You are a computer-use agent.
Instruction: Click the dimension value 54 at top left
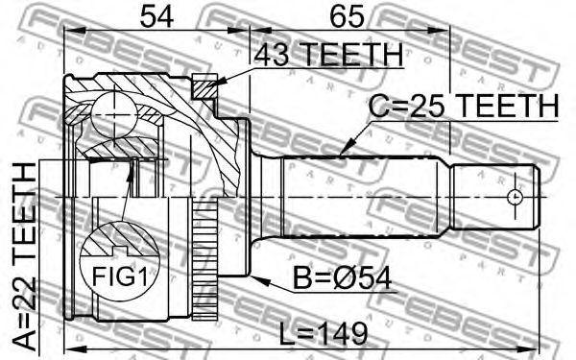(x=156, y=17)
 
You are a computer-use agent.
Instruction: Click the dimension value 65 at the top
(x=347, y=17)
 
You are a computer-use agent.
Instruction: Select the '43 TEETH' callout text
(x=328, y=54)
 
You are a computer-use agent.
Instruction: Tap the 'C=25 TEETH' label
(x=464, y=106)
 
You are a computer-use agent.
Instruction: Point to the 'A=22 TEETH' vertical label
(x=24, y=256)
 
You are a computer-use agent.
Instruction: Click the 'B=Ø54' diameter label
(x=342, y=278)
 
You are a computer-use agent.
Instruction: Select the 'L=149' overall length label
(x=324, y=333)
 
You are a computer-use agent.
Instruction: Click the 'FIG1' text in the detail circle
(x=119, y=276)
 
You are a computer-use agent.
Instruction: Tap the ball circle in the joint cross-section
(x=114, y=115)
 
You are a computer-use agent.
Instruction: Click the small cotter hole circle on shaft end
(x=515, y=197)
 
